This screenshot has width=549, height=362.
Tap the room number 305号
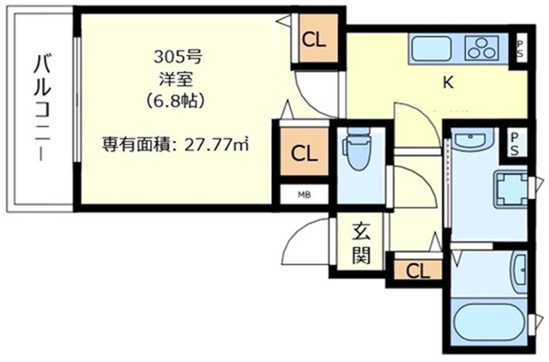point(178,58)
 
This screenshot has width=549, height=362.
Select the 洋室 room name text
point(178,79)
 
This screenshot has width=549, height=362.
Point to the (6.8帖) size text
point(178,100)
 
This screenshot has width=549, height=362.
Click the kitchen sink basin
point(431,48)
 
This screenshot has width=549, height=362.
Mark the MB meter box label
point(303,195)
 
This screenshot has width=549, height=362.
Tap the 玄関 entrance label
point(360,244)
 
